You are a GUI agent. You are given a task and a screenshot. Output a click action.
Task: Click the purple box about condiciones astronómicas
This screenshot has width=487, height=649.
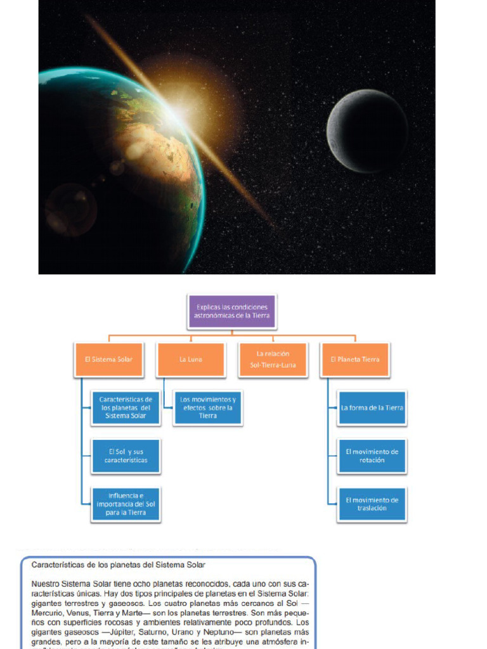pos(231,311)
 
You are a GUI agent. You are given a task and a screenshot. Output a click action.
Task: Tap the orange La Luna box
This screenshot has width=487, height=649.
pos(190,359)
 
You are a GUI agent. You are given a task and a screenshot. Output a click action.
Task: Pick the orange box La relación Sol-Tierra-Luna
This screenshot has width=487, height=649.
pos(273,359)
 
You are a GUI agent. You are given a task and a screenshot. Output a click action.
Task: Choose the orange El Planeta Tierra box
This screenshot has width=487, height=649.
pos(355,359)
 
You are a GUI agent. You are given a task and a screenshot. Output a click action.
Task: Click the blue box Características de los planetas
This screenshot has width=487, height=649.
pos(126,408)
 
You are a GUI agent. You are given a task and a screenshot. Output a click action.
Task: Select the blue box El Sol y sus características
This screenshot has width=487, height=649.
pos(126,456)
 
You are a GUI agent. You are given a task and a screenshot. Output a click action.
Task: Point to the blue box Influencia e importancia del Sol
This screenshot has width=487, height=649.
pos(126,504)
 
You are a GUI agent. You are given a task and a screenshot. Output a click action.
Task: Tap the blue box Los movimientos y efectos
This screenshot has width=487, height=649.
pos(208,408)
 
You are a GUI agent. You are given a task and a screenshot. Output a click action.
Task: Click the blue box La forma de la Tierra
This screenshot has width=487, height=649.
pos(372,408)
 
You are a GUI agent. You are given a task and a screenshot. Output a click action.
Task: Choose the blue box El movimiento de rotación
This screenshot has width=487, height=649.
pos(372,456)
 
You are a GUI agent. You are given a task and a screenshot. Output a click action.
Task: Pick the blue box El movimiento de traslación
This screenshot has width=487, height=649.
pos(372,504)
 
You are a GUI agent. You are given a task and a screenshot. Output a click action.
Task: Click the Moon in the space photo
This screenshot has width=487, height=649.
pos(367,131)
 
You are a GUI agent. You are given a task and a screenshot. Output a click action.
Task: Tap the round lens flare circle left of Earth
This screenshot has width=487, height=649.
pos(70,209)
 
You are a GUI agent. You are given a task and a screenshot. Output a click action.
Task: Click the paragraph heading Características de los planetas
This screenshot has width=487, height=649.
pos(119,564)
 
